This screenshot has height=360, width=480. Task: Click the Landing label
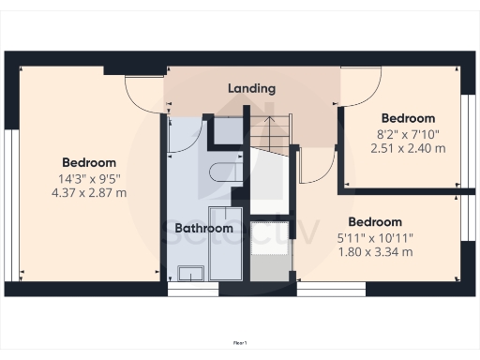tap(252, 89)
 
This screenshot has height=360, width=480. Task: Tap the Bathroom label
tap(203, 228)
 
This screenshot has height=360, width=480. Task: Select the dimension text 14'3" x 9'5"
tap(89, 178)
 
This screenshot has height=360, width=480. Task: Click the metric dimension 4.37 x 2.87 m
tap(89, 193)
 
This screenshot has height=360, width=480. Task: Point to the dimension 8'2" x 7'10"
tap(408, 133)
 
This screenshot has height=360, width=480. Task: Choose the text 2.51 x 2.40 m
tap(408, 148)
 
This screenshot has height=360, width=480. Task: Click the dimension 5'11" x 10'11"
tap(374, 237)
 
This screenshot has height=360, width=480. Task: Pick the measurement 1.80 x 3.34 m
tap(374, 252)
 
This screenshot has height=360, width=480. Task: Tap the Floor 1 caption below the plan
tap(240, 344)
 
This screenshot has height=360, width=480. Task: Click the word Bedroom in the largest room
tap(89, 162)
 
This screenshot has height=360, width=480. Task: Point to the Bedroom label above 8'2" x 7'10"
tap(408, 118)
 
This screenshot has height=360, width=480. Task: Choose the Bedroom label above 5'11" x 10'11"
tap(374, 222)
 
